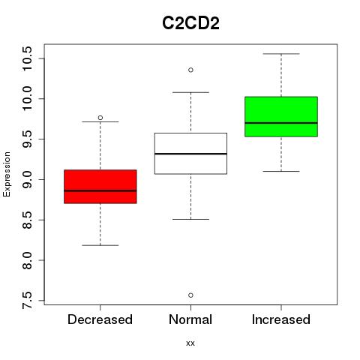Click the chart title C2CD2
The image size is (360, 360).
[190, 23]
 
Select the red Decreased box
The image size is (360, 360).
[100, 187]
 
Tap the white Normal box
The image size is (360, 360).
[190, 153]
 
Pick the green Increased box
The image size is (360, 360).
[281, 116]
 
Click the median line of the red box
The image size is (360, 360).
[100, 190]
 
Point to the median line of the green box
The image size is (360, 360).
[281, 123]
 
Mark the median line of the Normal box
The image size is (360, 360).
[190, 154]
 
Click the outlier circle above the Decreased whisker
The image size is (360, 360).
[100, 118]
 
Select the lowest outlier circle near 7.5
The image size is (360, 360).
[190, 295]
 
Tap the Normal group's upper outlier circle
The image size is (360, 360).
[190, 70]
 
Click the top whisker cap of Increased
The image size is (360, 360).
[281, 54]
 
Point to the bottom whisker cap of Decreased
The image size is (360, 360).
[100, 245]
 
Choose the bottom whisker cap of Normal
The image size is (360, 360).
[190, 219]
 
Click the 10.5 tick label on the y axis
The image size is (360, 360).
[26, 58]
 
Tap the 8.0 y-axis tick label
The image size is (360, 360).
[26, 260]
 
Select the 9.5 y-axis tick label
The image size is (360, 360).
[26, 139]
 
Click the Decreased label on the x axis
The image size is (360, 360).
[100, 319]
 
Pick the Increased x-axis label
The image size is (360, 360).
[281, 319]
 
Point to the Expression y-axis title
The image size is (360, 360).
[7, 174]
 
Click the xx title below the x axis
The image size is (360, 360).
[190, 343]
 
